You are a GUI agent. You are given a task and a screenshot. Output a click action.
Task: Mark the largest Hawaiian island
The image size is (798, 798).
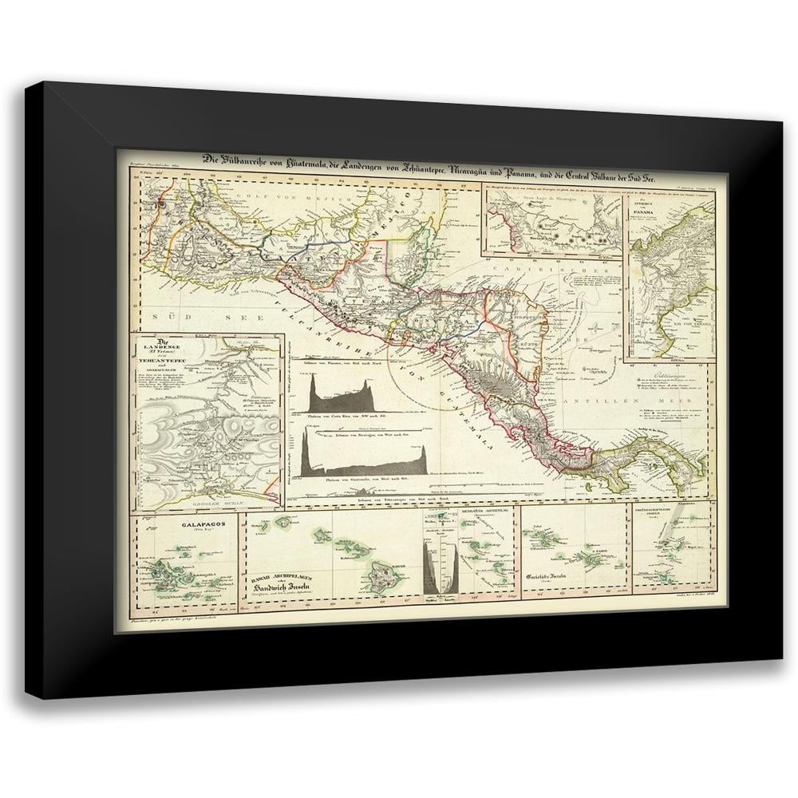[382, 572]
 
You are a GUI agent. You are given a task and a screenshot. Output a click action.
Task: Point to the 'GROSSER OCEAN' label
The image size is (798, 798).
[209, 503]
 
